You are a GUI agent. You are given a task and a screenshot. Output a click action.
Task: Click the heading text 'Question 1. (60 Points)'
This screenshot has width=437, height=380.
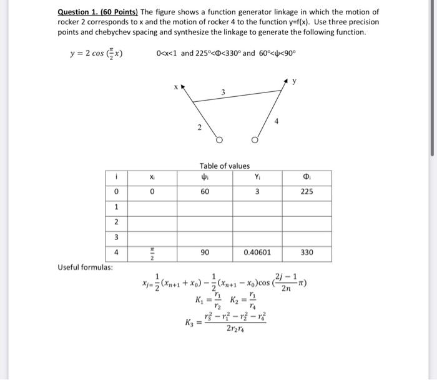click(97, 12)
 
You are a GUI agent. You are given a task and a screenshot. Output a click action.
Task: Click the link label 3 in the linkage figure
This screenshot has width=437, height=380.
click(223, 92)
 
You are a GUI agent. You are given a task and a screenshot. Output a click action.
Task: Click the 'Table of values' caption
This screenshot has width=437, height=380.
click(224, 166)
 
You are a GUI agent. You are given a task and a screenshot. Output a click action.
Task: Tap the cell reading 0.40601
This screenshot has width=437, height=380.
click(257, 252)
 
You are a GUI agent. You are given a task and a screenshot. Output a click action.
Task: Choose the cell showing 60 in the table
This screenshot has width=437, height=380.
click(205, 192)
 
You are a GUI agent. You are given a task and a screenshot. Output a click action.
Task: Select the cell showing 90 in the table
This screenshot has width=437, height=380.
click(205, 252)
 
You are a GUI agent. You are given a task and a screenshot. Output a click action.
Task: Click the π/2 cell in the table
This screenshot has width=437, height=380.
click(151, 252)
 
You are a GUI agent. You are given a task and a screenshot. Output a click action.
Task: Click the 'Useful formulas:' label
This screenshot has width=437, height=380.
click(86, 267)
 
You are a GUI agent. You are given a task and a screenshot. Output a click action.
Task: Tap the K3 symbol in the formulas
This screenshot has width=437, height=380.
click(189, 322)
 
